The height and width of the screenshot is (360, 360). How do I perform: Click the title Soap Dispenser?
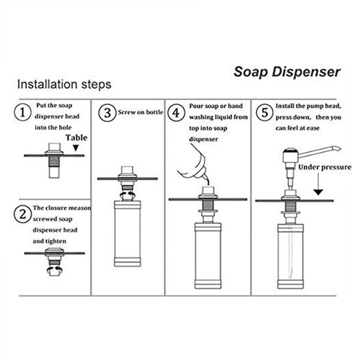[287, 72]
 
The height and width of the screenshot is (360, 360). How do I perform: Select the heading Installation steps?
[64, 85]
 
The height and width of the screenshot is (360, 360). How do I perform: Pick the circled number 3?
[106, 112]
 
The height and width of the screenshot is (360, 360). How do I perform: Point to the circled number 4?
[177, 112]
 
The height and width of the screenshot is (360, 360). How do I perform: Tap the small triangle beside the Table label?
[75, 148]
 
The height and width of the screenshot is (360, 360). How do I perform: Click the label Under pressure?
[325, 167]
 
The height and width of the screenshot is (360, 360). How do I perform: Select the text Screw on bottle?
[140, 112]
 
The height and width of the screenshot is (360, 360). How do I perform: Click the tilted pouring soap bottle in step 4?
[192, 163]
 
